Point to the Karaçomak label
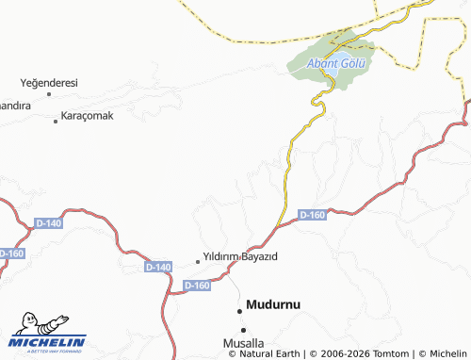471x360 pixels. tap(87, 116)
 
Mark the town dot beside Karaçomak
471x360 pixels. tap(54, 116)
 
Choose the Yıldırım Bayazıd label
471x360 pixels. tap(240, 256)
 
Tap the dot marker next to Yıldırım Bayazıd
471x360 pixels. tap(198, 260)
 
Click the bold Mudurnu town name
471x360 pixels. tap(278, 304)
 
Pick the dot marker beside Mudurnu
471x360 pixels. tap(238, 306)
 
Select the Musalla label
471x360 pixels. tap(243, 342)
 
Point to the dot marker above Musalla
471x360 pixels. tap(244, 329)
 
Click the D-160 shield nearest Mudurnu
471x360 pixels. tap(197, 285)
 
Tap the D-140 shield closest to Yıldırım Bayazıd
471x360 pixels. tap(158, 268)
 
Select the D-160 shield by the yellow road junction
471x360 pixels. tap(312, 216)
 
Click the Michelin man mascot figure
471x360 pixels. tap(35, 324)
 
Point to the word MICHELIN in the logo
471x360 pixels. tap(48, 341)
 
